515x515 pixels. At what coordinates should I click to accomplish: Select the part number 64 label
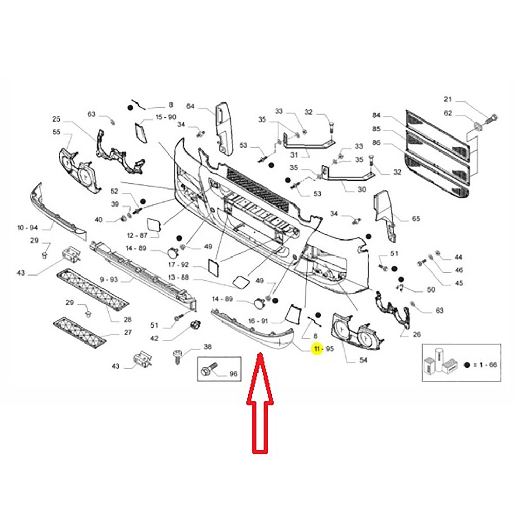(190, 107)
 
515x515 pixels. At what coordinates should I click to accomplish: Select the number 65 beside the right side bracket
(416, 219)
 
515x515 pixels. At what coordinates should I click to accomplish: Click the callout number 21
(448, 99)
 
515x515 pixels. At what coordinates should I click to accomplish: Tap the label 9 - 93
(110, 279)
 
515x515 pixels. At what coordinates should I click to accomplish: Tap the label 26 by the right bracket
(416, 335)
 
